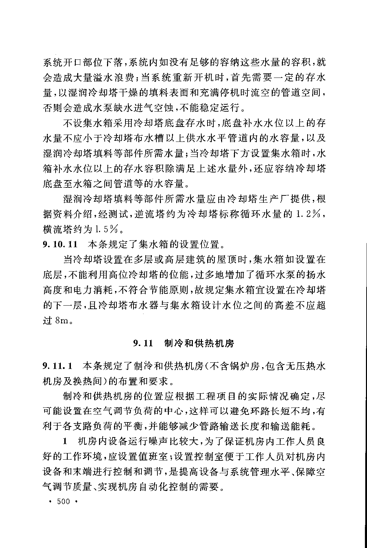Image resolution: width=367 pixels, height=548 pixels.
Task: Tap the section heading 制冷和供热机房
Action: coord(199,343)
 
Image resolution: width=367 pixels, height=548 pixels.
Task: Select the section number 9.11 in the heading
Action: coord(143,344)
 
